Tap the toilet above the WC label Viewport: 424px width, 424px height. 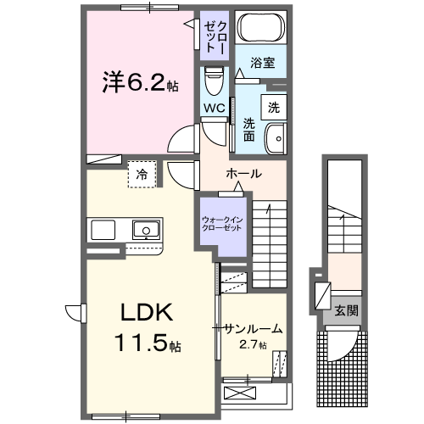coord(213,82)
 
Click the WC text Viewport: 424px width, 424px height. coord(213,109)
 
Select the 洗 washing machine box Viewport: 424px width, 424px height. coord(273,107)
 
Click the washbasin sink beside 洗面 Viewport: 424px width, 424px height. coord(276,138)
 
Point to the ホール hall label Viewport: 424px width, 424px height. coord(243,174)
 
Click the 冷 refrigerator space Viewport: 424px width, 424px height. coord(141,174)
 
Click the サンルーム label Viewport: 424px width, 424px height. coord(253,328)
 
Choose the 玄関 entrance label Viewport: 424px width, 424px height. coord(345,310)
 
